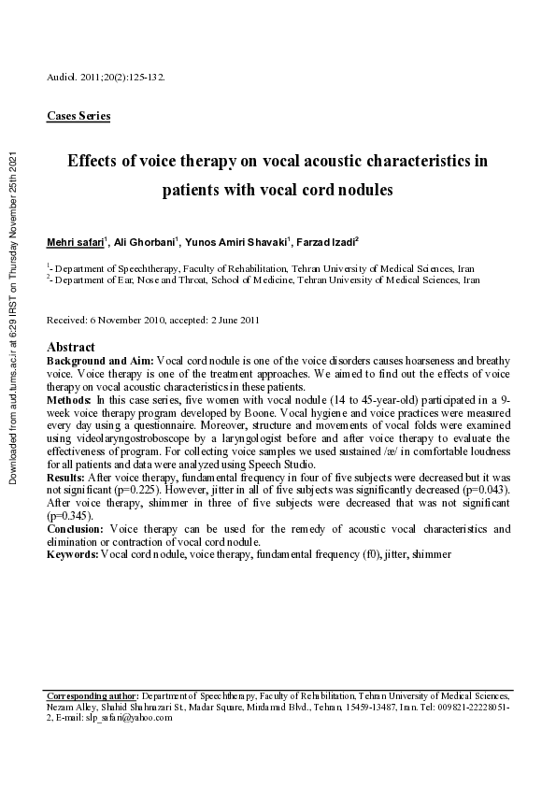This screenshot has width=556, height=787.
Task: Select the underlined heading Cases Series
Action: [78, 117]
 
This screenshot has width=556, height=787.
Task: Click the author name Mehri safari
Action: [76, 243]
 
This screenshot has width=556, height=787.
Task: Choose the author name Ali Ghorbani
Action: [145, 243]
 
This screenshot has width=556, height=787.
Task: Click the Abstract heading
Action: [70, 347]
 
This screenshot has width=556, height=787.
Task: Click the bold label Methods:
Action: [71, 398]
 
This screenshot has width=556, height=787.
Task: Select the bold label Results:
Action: [67, 477]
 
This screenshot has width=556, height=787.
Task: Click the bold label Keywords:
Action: [73, 554]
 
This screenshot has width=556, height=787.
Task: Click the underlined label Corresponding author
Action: [92, 696]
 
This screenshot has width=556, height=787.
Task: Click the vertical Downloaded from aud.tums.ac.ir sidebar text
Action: [13, 318]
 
